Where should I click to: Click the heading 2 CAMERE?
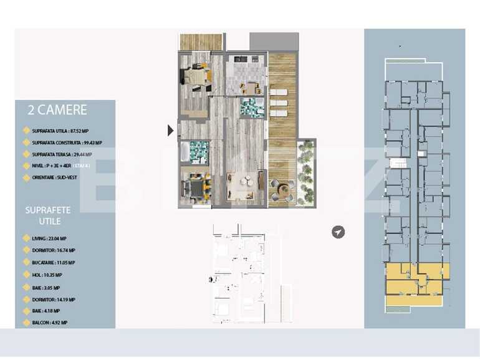coord(57,111)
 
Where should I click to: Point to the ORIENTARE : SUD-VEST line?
coord(56,178)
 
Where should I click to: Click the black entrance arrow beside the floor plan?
coord(171,130)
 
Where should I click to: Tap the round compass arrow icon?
coord(338,232)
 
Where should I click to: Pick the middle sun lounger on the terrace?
coord(279,102)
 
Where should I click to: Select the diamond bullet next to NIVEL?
coord(26,166)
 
